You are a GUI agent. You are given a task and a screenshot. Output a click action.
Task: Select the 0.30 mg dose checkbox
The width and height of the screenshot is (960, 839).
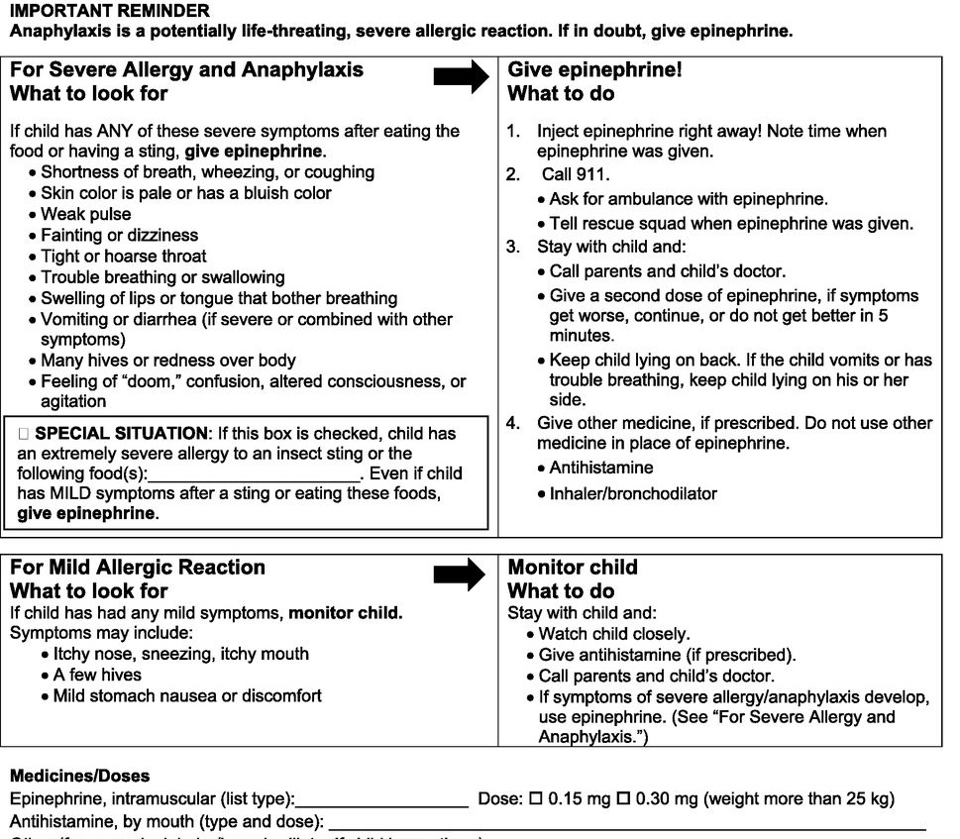coord(625,799)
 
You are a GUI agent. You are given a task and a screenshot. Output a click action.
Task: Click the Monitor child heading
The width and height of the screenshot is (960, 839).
coord(573,568)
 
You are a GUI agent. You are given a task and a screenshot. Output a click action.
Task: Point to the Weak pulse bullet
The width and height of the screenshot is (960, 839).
coord(85,214)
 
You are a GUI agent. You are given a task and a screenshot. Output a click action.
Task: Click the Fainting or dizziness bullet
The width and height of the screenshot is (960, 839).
coord(119,236)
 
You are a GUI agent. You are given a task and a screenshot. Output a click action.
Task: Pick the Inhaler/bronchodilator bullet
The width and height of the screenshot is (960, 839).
coord(632,492)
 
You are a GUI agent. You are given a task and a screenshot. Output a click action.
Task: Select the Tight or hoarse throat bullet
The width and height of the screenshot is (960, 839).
coord(123,257)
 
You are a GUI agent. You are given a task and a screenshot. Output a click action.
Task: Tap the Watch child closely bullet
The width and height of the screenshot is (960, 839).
coord(614,634)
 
